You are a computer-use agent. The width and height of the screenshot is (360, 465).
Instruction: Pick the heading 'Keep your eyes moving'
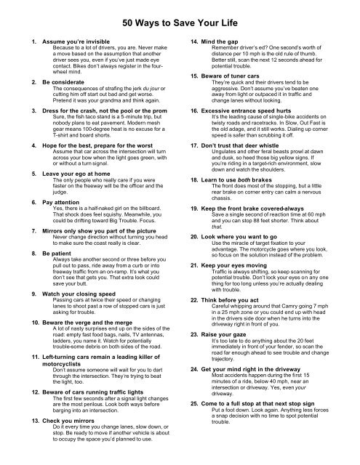[x=236, y=302]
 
